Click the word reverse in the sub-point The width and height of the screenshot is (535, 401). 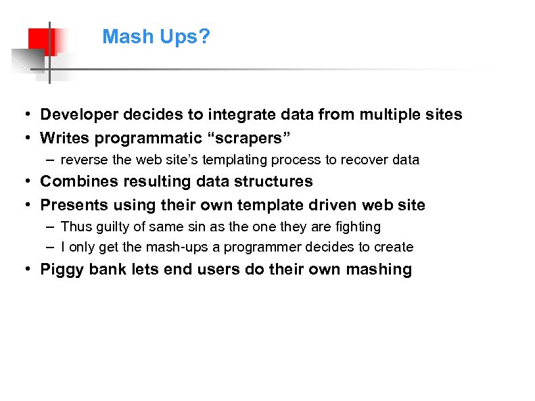pyautogui.click(x=82, y=160)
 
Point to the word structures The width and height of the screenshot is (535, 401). pyautogui.click(x=277, y=181)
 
